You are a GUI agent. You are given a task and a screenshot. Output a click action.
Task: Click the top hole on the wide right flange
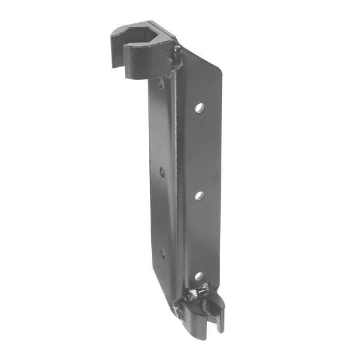[x=199, y=108]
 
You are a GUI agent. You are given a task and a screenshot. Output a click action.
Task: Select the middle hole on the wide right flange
[x=199, y=196]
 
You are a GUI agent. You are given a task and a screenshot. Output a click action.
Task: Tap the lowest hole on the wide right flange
[x=199, y=277]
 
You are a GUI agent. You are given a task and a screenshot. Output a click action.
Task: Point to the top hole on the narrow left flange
[x=161, y=83]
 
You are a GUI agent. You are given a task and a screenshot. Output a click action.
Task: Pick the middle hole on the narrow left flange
[x=162, y=172]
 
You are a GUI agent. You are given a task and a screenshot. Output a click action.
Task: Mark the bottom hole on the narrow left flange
[x=163, y=254]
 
